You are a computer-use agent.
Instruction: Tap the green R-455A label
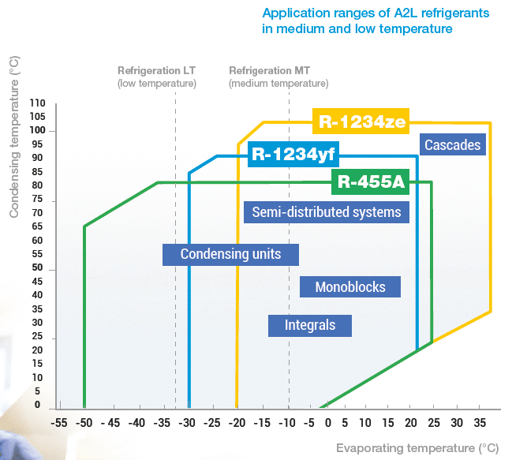coord(371,182)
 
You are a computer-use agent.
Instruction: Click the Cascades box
coord(452,145)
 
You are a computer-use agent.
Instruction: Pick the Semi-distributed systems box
coord(327,211)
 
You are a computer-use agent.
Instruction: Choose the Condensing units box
coord(231,254)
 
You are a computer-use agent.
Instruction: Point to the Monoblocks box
coord(350,286)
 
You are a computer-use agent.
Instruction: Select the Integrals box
coord(310,325)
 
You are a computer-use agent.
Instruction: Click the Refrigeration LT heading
coord(156,69)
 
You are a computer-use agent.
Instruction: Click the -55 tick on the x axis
coord(59,422)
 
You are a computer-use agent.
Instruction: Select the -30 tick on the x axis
coord(187,422)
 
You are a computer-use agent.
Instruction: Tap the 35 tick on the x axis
coord(480,422)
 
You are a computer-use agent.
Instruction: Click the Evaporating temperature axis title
coord(417,448)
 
